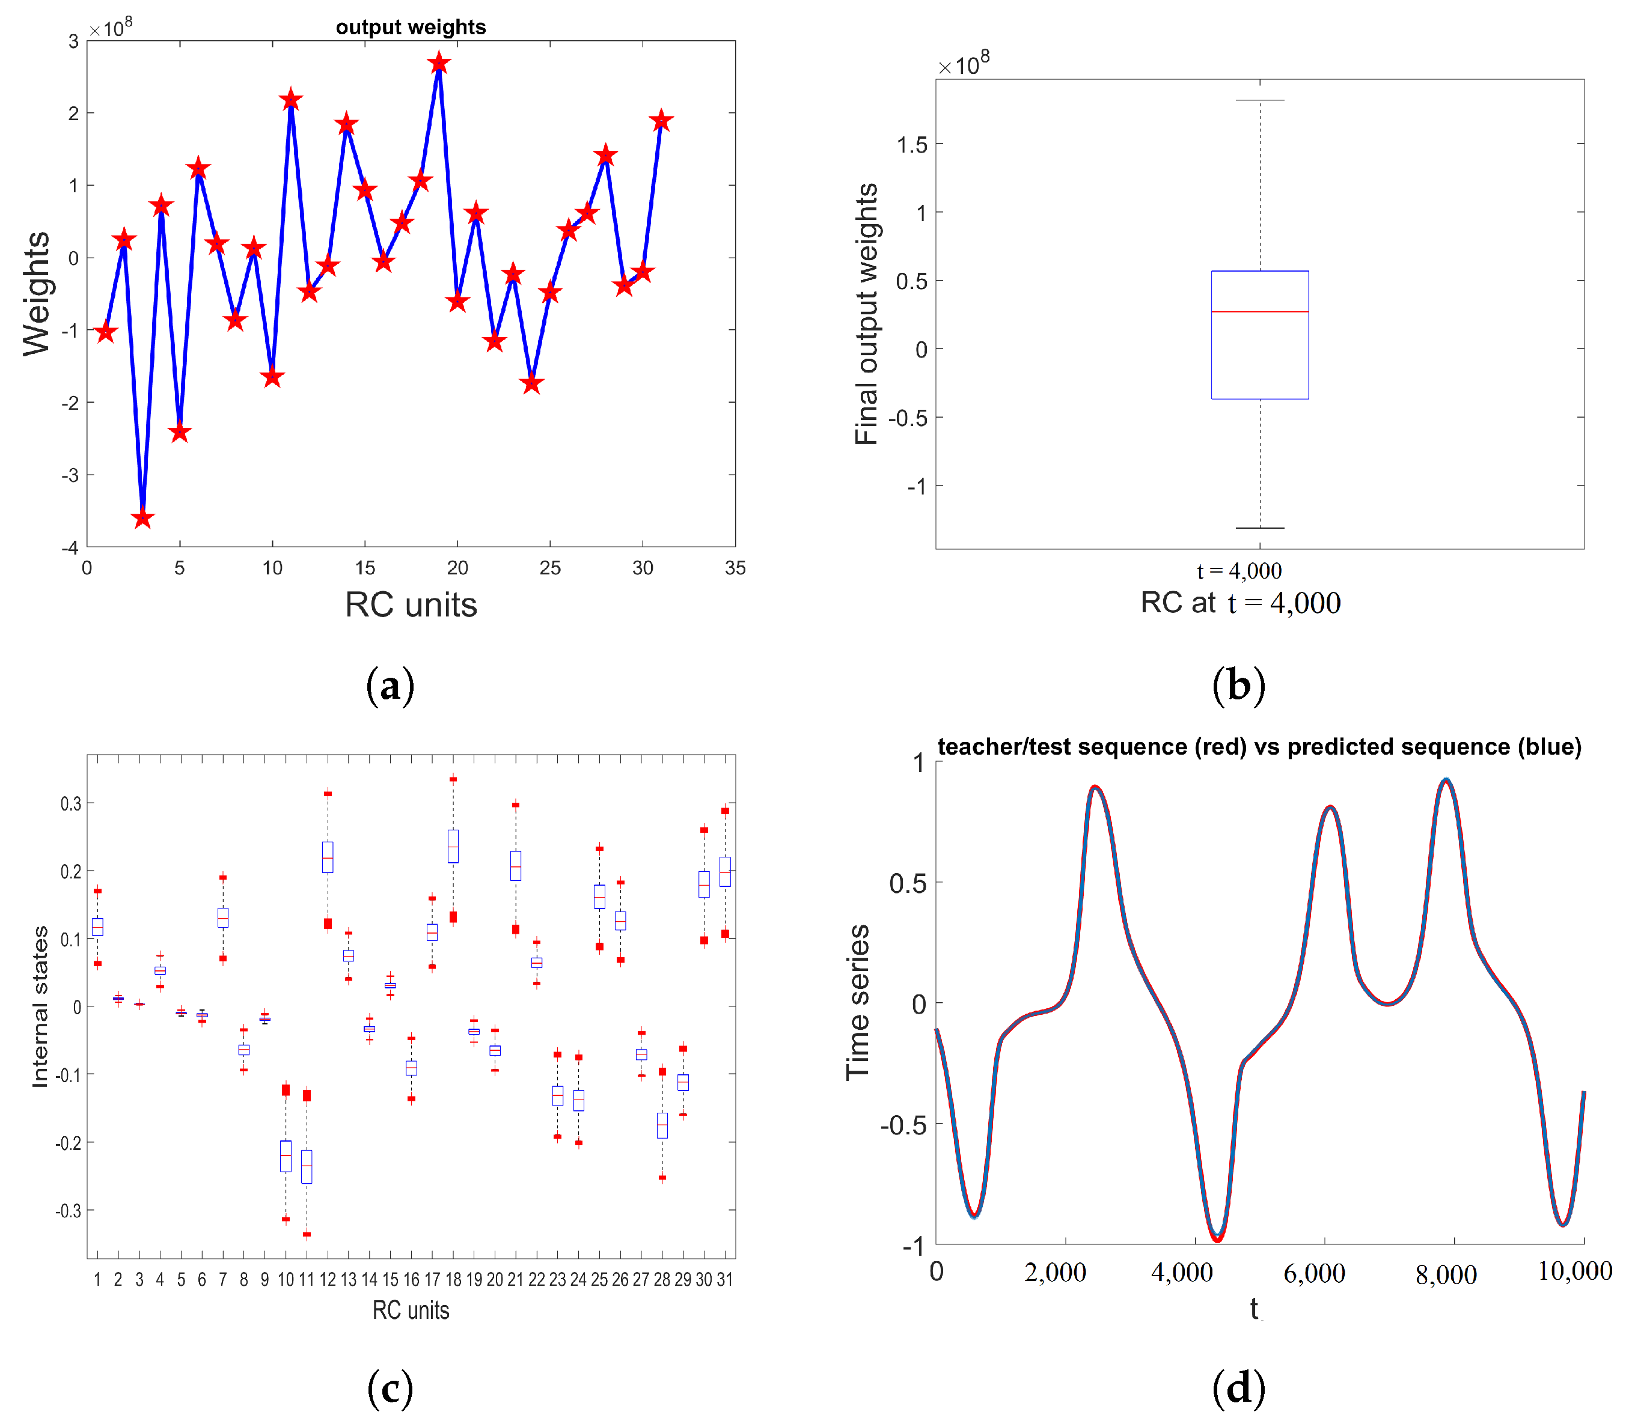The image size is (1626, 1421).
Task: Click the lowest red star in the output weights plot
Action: [143, 519]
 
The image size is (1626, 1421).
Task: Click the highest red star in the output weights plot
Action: [439, 64]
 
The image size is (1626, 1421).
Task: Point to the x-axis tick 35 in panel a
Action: [735, 568]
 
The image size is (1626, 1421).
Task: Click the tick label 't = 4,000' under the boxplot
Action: [1239, 571]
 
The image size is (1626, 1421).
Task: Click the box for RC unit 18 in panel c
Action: [453, 846]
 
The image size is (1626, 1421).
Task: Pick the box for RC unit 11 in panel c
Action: [306, 1166]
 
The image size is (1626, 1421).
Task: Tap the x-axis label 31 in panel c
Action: [724, 1279]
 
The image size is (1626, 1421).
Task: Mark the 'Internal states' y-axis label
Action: [40, 1006]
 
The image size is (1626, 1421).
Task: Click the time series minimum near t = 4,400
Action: [1217, 1237]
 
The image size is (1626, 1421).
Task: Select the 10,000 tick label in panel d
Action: [1574, 1271]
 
